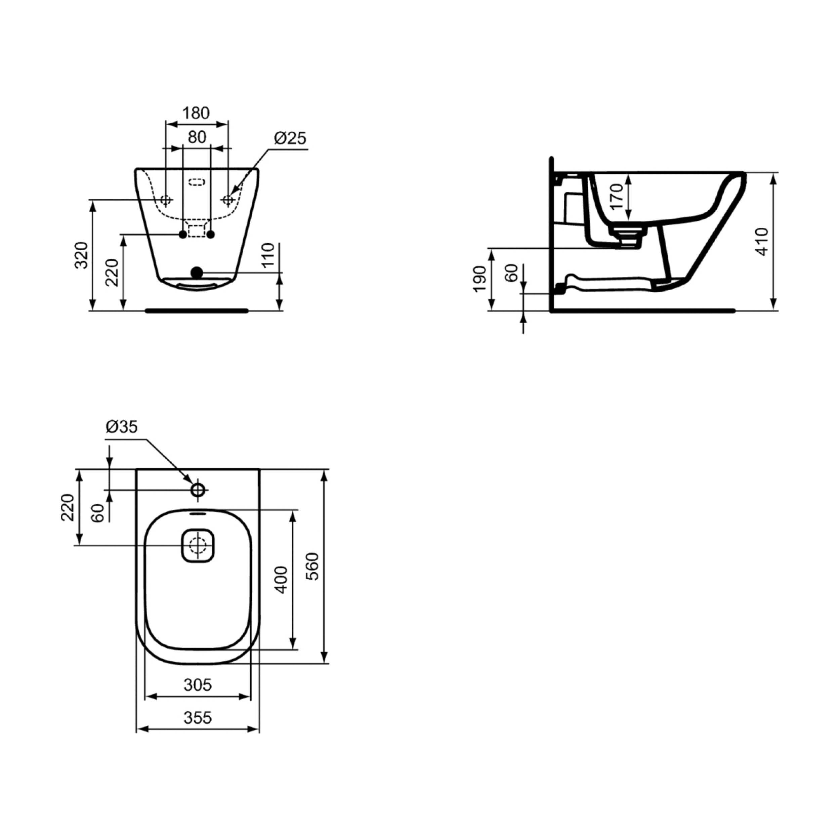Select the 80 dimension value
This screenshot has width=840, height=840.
point(197,137)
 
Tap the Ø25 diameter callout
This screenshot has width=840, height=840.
point(290,138)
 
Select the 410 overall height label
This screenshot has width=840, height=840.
point(762,242)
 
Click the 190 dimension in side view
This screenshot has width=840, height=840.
point(479,279)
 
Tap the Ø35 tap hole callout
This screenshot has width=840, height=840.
point(121,427)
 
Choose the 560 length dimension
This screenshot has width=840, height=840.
point(312,566)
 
